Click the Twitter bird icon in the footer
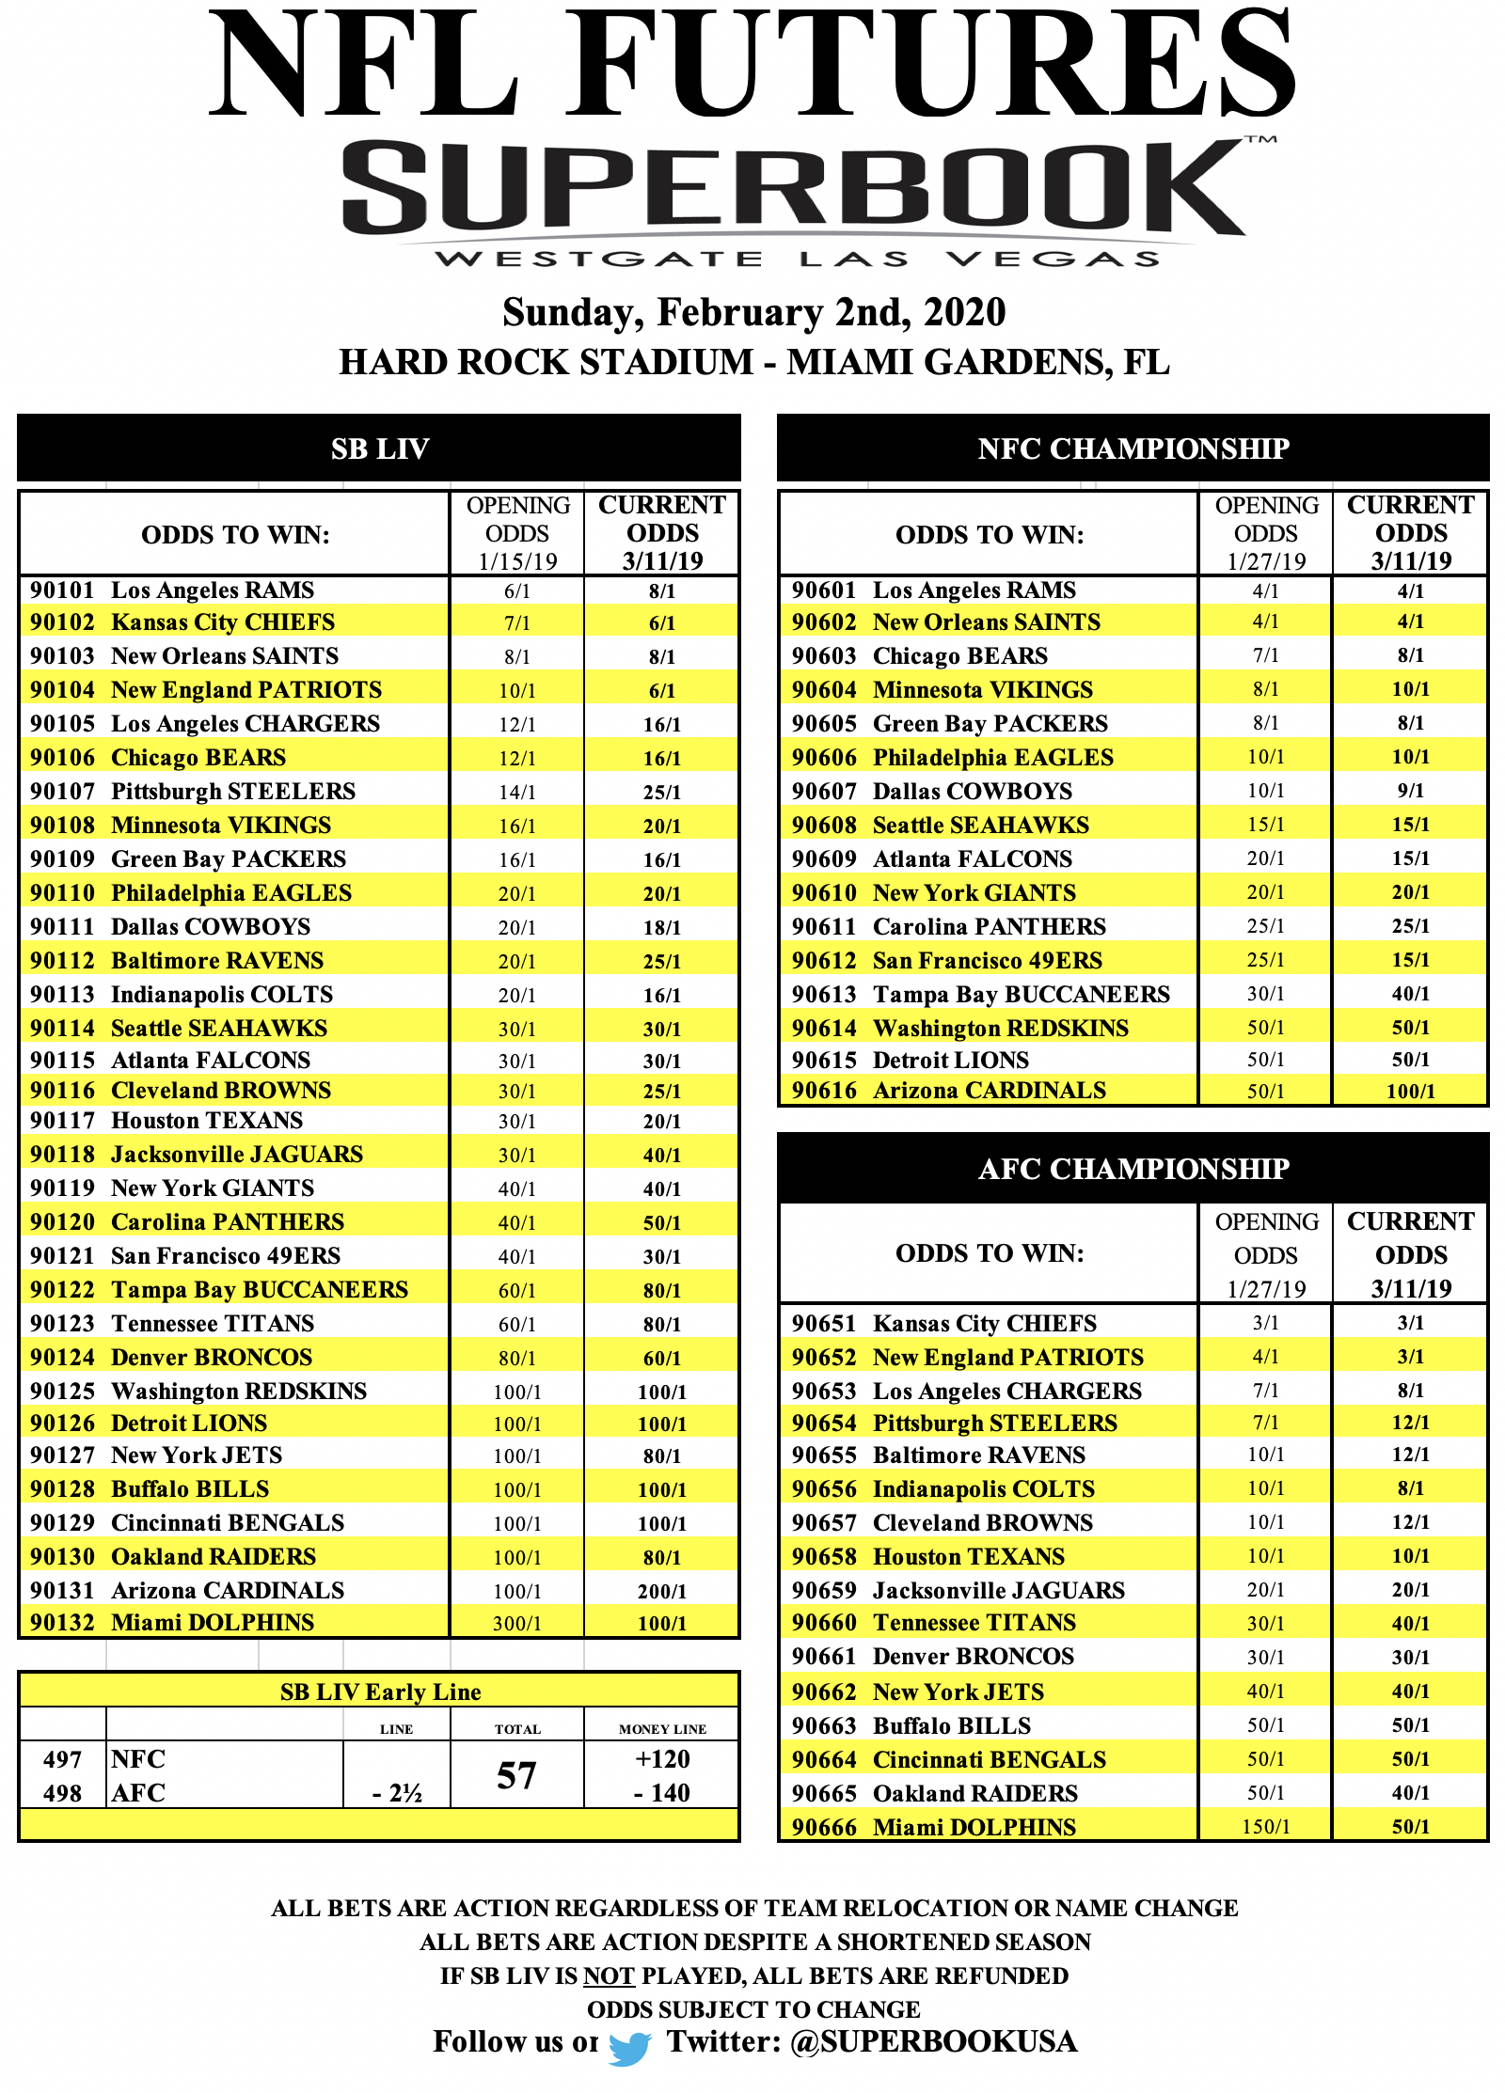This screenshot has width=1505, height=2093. click(x=629, y=2047)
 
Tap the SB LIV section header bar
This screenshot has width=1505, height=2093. click(x=379, y=448)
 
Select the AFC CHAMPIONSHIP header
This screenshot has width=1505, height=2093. click(x=1133, y=1169)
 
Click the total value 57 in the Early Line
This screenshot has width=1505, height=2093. click(x=516, y=1775)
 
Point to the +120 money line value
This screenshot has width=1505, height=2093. click(x=662, y=1759)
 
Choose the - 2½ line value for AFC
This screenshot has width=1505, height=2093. click(x=397, y=1793)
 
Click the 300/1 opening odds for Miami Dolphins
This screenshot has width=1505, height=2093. click(x=516, y=1623)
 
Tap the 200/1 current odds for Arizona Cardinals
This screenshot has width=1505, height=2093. click(x=662, y=1591)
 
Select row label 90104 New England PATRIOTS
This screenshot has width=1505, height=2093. click(x=206, y=690)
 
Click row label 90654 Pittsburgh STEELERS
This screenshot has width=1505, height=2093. click(x=954, y=1423)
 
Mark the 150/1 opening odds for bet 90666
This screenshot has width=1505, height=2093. click(x=1265, y=1827)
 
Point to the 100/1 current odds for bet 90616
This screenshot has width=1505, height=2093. click(x=1410, y=1091)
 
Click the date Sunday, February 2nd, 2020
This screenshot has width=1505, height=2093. click(x=753, y=312)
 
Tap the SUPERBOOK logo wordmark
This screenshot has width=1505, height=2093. click(x=792, y=188)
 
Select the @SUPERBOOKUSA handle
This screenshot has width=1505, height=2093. click(x=933, y=2041)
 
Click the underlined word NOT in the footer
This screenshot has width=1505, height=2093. click(x=609, y=1975)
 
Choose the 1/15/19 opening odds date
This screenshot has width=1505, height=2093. click(x=516, y=561)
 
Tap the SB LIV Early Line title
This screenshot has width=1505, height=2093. click(x=380, y=1692)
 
